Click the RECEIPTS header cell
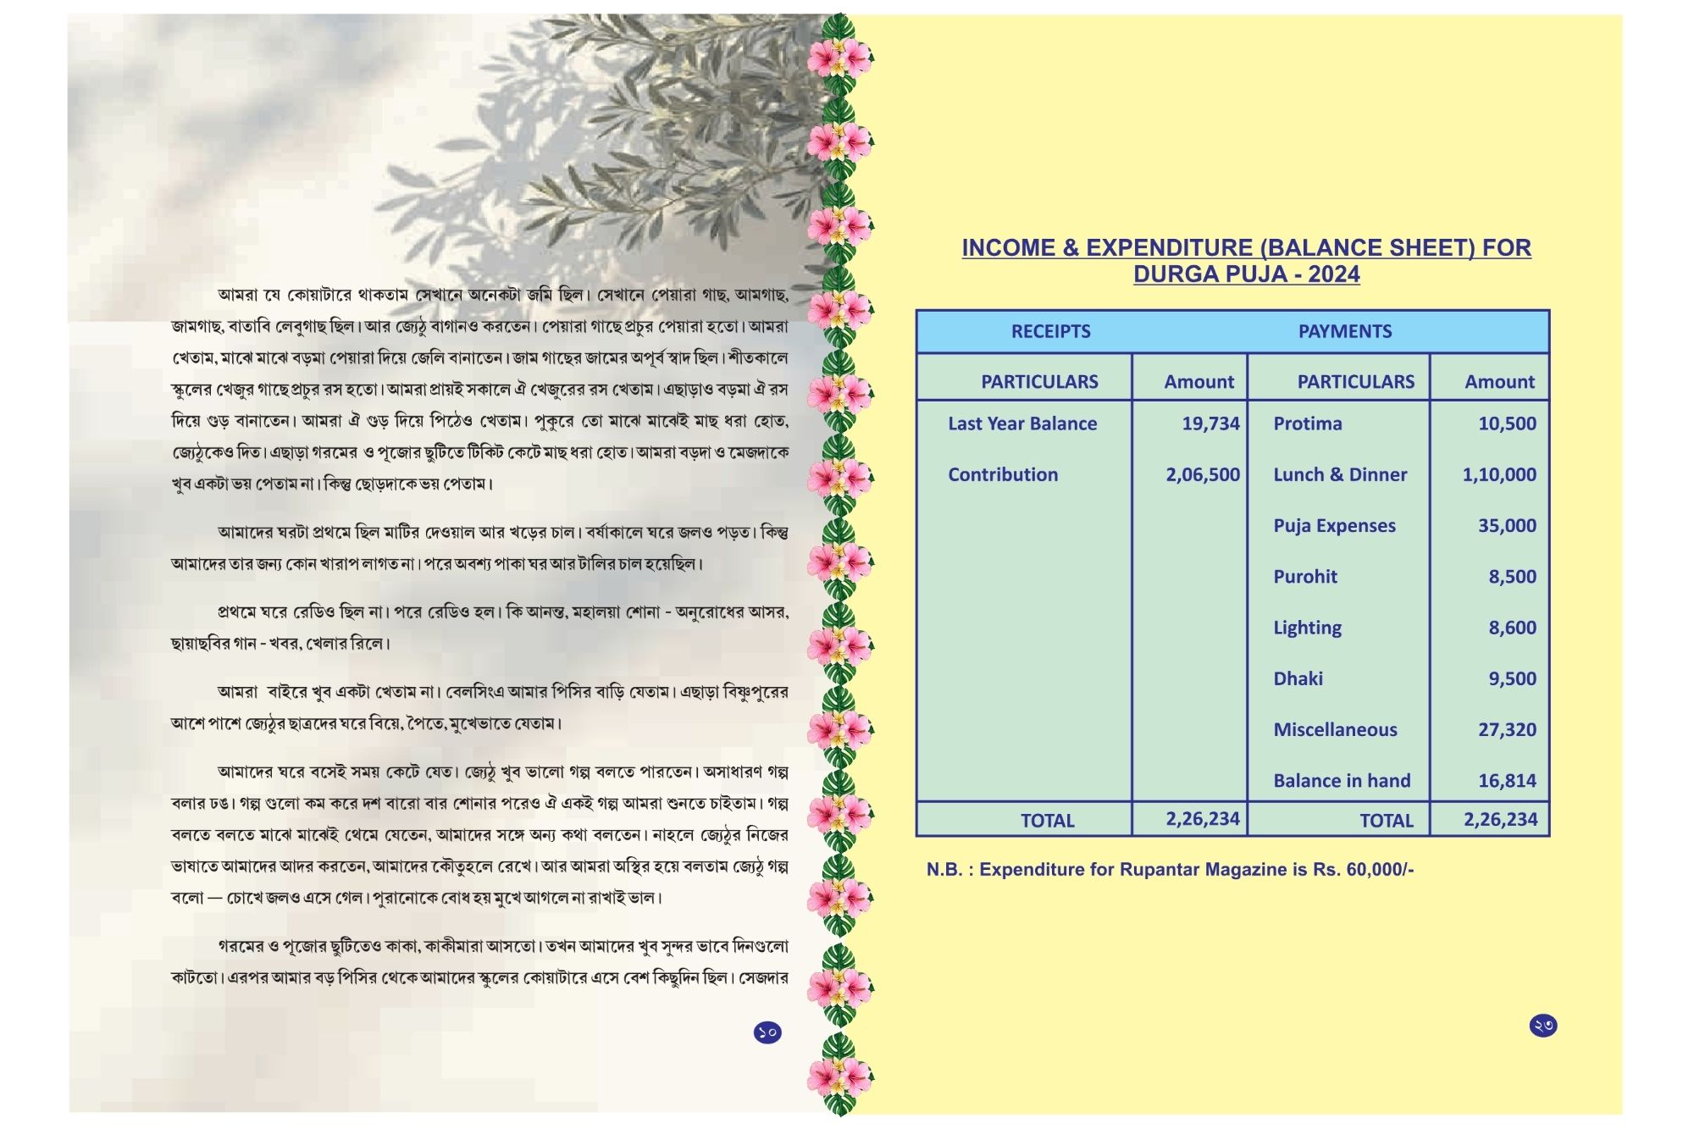click(x=1050, y=331)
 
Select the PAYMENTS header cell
click(x=1344, y=331)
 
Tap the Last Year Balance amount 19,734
click(x=1210, y=423)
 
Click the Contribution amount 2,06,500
click(x=1202, y=474)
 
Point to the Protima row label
click(x=1307, y=423)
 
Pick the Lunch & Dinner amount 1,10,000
click(x=1498, y=474)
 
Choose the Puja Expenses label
click(x=1334, y=525)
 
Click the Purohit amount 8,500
click(x=1512, y=577)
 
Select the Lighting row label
click(x=1307, y=628)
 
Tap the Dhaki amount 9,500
click(x=1512, y=678)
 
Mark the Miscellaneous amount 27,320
click(x=1507, y=729)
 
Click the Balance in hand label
click(x=1342, y=781)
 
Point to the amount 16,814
click(x=1507, y=781)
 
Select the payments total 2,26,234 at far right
click(x=1500, y=819)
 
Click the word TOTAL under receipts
click(x=1047, y=821)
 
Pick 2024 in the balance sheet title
click(x=1333, y=274)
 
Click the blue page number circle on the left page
click(x=767, y=1032)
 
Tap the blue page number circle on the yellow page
click(x=1542, y=1026)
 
